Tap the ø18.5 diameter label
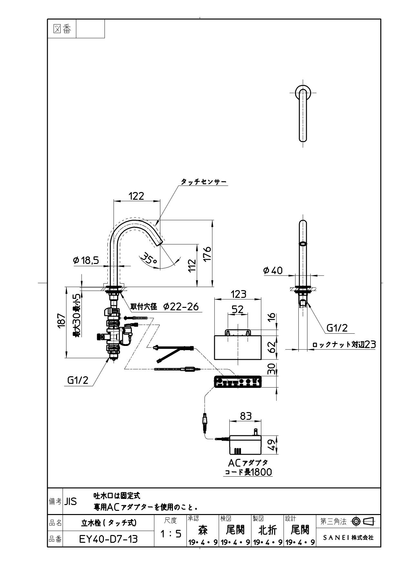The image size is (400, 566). (86, 260)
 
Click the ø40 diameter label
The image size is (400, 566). (273, 270)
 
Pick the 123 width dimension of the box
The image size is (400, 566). (238, 294)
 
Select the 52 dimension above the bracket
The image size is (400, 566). (238, 309)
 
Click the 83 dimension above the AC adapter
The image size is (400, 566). (246, 416)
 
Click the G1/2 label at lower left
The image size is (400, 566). (77, 380)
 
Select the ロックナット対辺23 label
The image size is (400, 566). (344, 345)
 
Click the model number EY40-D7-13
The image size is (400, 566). (108, 539)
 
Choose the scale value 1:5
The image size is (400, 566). (171, 534)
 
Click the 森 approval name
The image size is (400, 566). (203, 530)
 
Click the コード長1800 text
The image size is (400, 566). (248, 472)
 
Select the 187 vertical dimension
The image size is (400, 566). (61, 321)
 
